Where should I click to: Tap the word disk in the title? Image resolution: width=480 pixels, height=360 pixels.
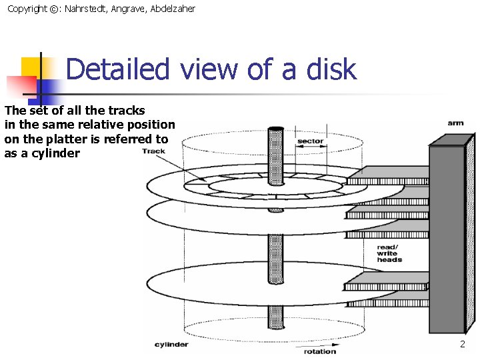click(x=331, y=69)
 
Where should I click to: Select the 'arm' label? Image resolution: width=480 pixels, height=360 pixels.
click(x=455, y=123)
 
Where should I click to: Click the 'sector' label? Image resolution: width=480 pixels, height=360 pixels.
click(x=310, y=141)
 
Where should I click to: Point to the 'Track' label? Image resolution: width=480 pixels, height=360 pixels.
click(x=153, y=151)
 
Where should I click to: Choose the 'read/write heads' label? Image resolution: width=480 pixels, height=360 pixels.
click(x=389, y=253)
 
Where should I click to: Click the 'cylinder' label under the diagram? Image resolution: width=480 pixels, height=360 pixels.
click(x=171, y=345)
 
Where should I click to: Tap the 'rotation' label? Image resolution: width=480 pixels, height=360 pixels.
click(x=320, y=351)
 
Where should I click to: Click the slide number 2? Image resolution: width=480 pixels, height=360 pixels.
click(x=462, y=344)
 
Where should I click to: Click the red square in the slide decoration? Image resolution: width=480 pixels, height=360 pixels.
click(x=20, y=86)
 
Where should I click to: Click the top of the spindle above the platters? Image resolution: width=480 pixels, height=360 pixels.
click(x=275, y=131)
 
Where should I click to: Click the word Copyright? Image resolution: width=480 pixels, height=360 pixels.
click(x=27, y=9)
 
